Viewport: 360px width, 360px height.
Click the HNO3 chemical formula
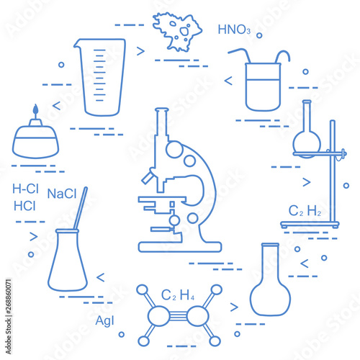[x=234, y=30]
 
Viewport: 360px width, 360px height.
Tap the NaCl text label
[x=62, y=194]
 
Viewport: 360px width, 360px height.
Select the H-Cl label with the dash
[x=25, y=189]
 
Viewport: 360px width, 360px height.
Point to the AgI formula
[x=104, y=321]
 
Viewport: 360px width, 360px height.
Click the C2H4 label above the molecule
[x=178, y=295]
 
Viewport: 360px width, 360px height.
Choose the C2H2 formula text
[x=305, y=210]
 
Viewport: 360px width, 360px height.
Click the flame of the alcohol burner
[x=35, y=109]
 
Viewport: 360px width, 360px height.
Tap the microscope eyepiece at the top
[x=162, y=110]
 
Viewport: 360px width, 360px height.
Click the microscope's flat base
[x=180, y=247]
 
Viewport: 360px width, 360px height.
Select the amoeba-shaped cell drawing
[x=177, y=32]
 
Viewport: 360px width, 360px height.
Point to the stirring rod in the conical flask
[x=81, y=208]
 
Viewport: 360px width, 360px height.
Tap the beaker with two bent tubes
[x=263, y=87]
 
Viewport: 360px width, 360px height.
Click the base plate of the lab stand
[x=310, y=225]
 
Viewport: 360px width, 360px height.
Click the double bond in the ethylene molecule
[x=178, y=316]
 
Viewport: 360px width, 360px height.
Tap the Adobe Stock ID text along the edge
[x=9, y=316]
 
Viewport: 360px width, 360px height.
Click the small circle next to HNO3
[x=259, y=35]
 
